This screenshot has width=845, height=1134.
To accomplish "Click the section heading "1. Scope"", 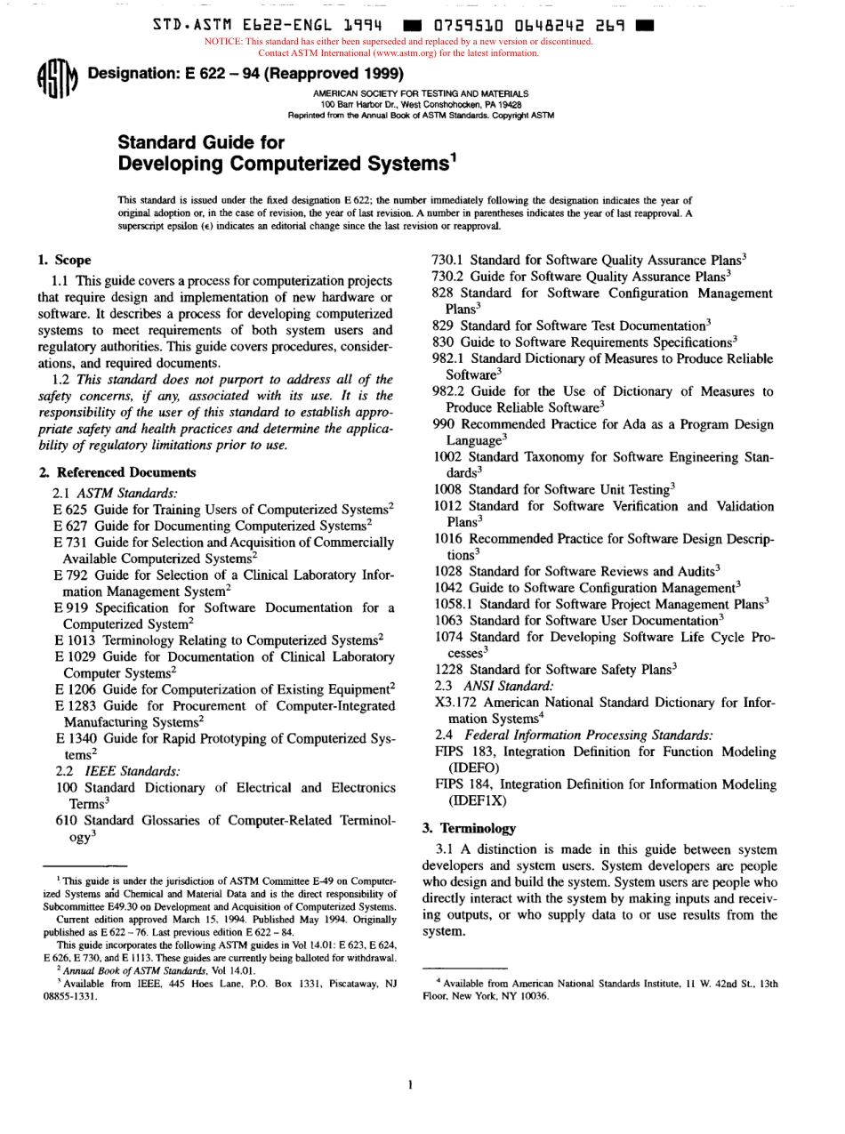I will tap(64, 261).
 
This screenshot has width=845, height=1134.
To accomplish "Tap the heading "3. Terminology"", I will tap(468, 827).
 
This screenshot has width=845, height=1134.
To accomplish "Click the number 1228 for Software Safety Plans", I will tap(448, 668).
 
